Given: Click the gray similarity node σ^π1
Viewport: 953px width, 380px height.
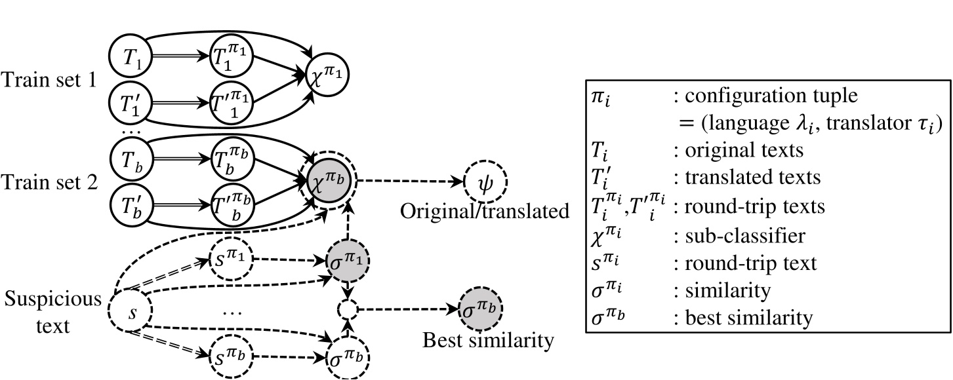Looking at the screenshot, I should pyautogui.click(x=348, y=257).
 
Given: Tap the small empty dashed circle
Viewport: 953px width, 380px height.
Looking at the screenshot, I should pyautogui.click(x=348, y=309).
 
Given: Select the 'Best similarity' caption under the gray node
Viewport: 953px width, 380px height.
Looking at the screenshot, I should pyautogui.click(x=489, y=341).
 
